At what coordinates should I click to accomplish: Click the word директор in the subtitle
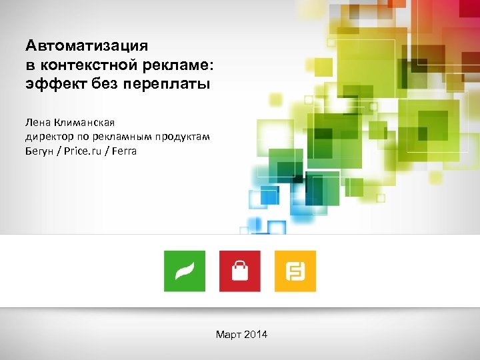point(49,137)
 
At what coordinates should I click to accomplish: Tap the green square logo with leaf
point(185,271)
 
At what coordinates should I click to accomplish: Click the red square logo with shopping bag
point(240,271)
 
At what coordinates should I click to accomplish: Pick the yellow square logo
point(295,271)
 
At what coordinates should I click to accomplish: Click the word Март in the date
point(229,334)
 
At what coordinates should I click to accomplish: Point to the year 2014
point(256,334)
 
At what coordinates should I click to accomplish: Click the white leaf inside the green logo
point(185,271)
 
